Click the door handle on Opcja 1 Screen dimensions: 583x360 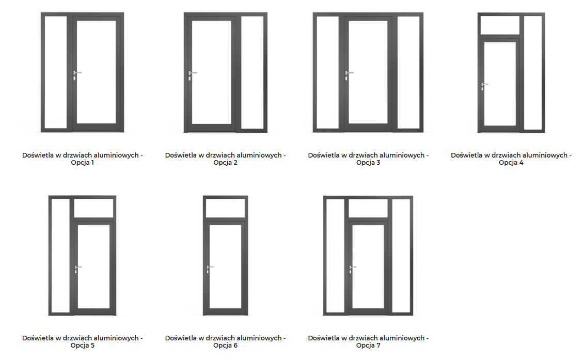77,73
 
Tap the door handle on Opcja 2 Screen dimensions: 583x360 193,73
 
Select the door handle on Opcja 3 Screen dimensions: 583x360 349,73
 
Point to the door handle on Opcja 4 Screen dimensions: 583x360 484,84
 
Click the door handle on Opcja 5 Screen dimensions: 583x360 78,267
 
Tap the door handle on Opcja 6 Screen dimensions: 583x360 209,267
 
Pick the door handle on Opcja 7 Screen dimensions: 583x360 353,267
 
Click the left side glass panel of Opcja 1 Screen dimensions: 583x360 56,72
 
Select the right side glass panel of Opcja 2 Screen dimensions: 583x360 253,72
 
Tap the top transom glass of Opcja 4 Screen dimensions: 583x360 499,25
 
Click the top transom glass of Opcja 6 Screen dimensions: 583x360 225,208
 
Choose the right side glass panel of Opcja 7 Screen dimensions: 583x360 401,256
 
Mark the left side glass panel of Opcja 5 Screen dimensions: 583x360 60,256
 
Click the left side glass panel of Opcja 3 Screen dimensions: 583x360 327,72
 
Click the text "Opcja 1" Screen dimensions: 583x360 83,163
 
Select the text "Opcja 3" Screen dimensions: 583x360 368,163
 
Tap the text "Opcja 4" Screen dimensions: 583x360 511,163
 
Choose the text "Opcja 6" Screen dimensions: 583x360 225,346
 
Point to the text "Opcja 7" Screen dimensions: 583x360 368,346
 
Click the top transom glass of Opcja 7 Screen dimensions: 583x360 368,208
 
